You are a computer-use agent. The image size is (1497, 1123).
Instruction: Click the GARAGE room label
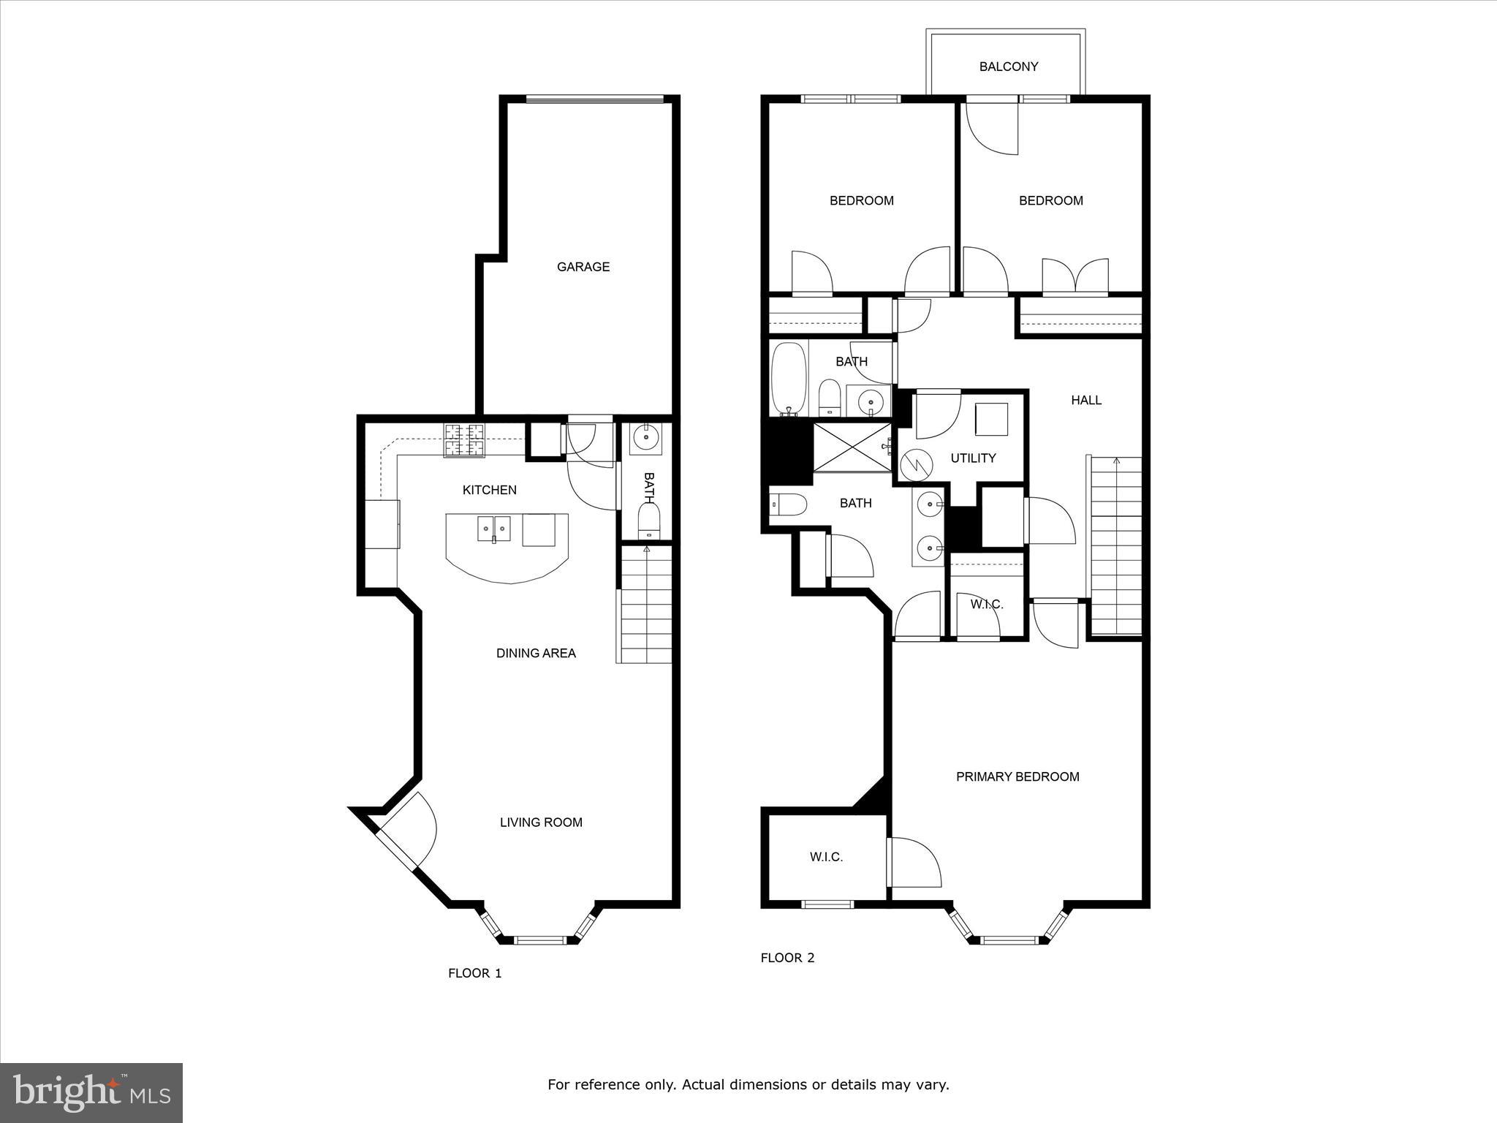pyautogui.click(x=583, y=267)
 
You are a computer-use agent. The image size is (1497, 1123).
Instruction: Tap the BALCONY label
pyautogui.click(x=1008, y=67)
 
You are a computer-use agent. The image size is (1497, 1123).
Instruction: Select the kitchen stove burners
pyautogui.click(x=464, y=441)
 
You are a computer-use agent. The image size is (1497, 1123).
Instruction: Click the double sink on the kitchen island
pyautogui.click(x=494, y=528)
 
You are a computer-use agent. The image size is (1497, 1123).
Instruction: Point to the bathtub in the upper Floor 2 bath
pyautogui.click(x=789, y=379)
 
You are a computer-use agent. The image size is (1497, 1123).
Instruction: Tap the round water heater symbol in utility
pyautogui.click(x=916, y=464)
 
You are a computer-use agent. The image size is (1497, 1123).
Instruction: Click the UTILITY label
pyautogui.click(x=973, y=458)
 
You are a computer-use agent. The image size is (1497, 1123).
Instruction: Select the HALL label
pyautogui.click(x=1085, y=400)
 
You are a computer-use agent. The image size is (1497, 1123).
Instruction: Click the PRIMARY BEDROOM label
pyautogui.click(x=1017, y=776)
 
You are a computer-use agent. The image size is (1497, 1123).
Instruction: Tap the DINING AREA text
pyautogui.click(x=536, y=653)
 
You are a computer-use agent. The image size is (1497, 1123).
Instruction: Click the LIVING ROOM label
pyautogui.click(x=541, y=822)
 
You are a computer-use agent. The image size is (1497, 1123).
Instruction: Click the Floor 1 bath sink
pyautogui.click(x=646, y=439)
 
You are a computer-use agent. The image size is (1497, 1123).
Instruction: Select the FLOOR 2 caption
pyautogui.click(x=787, y=958)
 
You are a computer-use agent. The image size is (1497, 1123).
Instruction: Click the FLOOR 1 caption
pyautogui.click(x=474, y=973)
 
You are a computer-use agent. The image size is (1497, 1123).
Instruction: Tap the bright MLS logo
pyautogui.click(x=91, y=1093)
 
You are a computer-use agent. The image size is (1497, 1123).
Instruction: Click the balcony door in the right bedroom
pyautogui.click(x=992, y=128)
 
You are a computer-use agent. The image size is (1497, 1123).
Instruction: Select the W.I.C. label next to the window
pyautogui.click(x=826, y=857)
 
